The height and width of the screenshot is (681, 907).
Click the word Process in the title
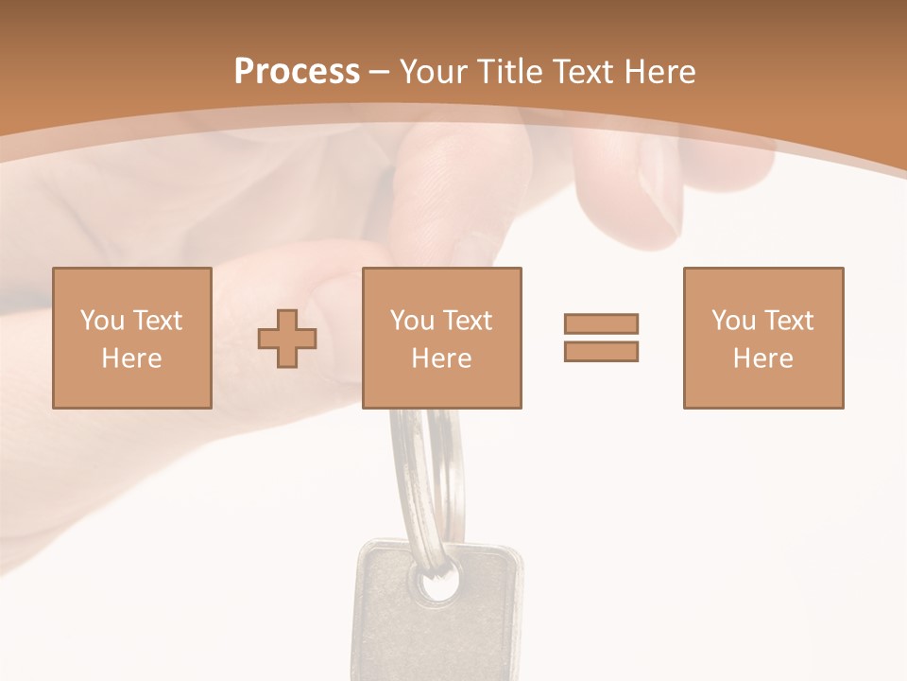[x=297, y=72]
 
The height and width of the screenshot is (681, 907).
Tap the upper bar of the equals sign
[x=601, y=323]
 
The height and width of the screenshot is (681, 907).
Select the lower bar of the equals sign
[x=601, y=352]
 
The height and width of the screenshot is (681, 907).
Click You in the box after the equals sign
[x=733, y=321]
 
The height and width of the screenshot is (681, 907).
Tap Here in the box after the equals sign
[x=762, y=358]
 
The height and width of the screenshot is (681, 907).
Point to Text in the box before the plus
[x=158, y=321]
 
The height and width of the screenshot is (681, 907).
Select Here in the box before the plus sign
[x=131, y=358]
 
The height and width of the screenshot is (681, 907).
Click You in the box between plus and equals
[x=412, y=321]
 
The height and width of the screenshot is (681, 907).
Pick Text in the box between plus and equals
[x=468, y=321]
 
